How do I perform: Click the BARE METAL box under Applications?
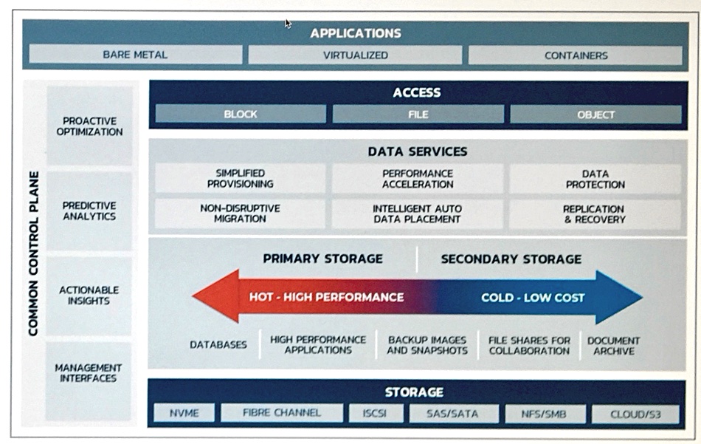136,55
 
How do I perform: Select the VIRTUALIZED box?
356,55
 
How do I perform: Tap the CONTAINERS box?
576,55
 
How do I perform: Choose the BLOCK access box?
241,114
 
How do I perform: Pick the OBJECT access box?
595,115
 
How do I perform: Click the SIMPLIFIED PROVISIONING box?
240,178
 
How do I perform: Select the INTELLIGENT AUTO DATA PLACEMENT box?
418,214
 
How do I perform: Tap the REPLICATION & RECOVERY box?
595,214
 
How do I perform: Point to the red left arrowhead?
216,296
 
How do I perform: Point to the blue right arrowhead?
619,297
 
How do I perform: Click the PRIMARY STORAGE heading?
322,259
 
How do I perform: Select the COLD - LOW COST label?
533,298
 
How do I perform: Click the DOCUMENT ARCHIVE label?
613,346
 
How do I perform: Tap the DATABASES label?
218,345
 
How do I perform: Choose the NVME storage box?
184,413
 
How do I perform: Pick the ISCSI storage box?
375,413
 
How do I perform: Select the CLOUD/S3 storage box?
635,414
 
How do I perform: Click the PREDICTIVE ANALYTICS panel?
89,211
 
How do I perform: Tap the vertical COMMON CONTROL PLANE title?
33,253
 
